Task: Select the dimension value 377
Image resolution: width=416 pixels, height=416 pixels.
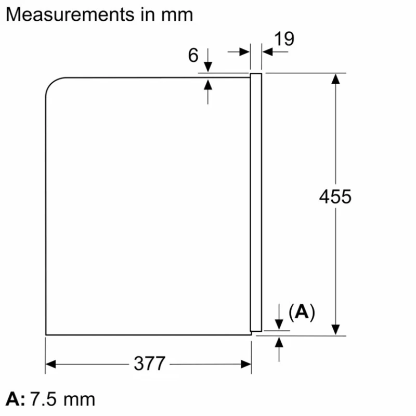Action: pos(149,363)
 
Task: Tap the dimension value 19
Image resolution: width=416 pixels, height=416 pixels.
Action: pos(283,38)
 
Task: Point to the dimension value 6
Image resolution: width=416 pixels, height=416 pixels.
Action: pos(193,55)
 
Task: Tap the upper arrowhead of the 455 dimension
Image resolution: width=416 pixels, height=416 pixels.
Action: pos(336,79)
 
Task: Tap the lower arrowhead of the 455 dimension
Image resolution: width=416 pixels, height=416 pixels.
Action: pos(336,329)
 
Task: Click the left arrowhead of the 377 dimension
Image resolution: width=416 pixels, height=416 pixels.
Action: pos(51,364)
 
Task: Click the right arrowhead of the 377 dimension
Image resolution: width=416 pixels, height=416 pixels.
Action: pos(246,364)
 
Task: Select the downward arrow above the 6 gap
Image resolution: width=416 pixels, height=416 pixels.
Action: pos(208,67)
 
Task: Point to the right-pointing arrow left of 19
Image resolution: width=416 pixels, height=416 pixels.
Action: pos(245,51)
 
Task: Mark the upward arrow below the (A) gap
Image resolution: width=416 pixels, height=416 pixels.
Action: pos(280,341)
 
